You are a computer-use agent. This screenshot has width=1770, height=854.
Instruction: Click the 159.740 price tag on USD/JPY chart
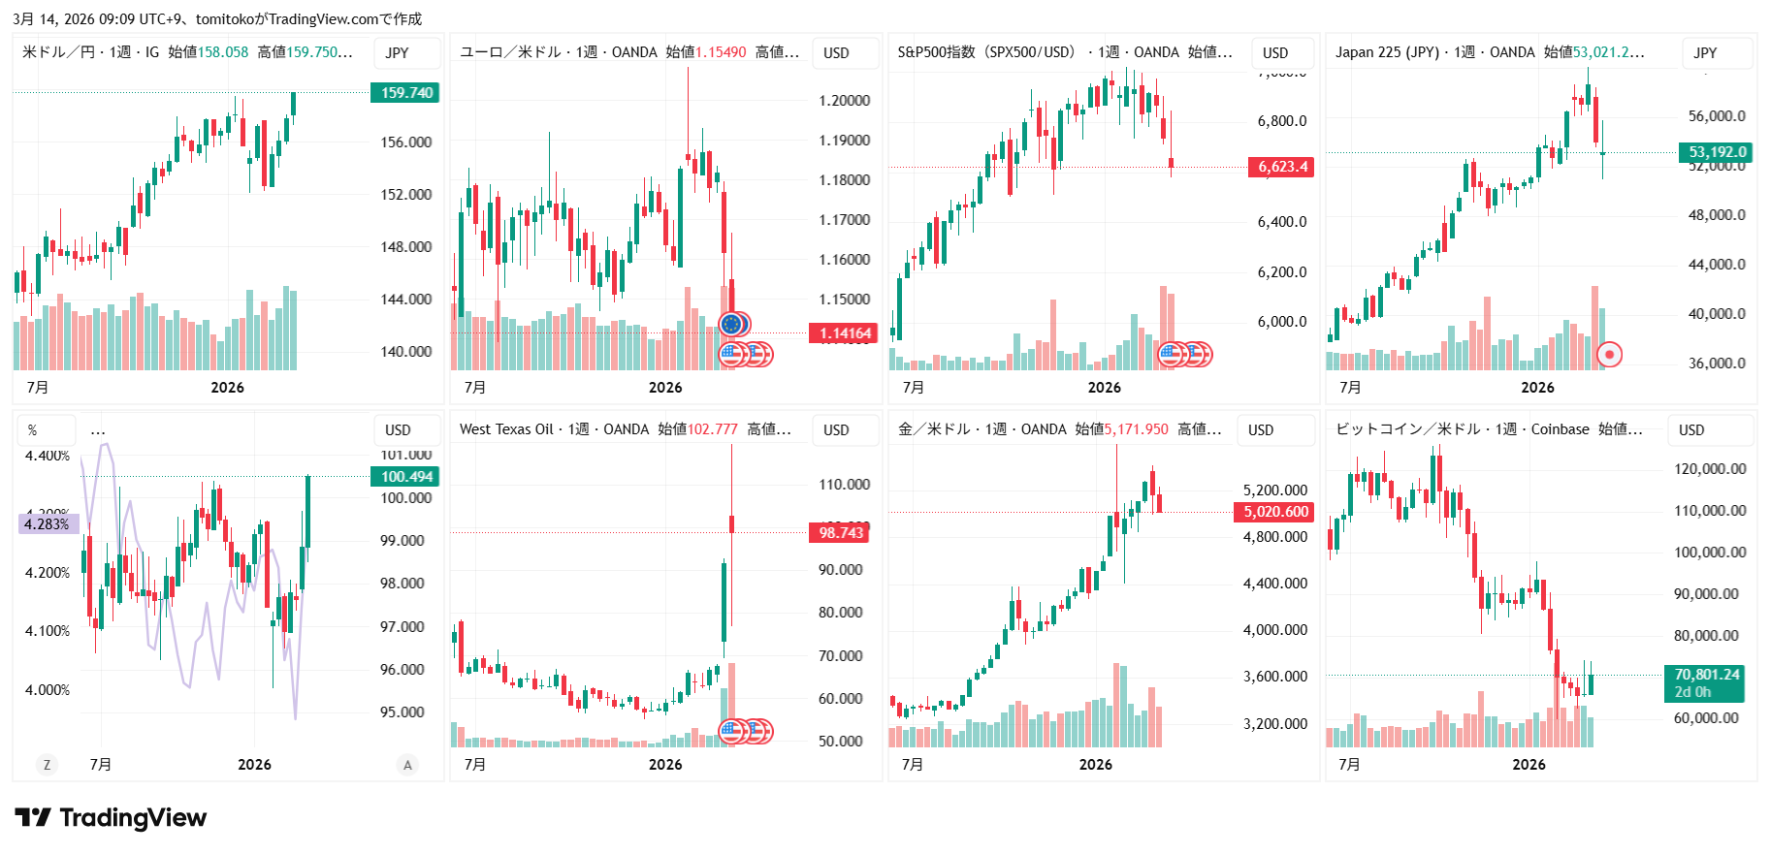[x=405, y=93]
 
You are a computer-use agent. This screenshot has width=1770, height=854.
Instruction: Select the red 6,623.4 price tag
[x=1282, y=167]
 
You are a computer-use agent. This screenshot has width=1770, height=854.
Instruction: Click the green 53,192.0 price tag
[x=1716, y=152]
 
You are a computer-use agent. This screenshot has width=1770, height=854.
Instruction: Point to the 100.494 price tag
[x=405, y=477]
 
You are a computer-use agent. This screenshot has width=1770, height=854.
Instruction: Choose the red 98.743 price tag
[x=840, y=533]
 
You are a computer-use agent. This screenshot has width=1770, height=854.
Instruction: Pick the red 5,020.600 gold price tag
[x=1275, y=512]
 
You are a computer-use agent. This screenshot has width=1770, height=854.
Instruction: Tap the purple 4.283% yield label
[x=48, y=524]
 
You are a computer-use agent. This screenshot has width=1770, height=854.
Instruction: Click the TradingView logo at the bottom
[x=111, y=818]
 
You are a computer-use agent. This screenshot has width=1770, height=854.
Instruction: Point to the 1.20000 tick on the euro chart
[x=844, y=101]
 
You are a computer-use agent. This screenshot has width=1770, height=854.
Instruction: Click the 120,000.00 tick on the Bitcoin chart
[x=1710, y=469]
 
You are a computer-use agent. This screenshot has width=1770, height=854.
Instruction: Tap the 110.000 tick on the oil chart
[x=844, y=485]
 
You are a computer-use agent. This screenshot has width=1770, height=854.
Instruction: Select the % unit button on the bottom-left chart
[x=33, y=430]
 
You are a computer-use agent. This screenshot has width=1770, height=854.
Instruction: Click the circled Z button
[x=47, y=765]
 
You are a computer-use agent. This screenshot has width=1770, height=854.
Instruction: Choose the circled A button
[x=407, y=765]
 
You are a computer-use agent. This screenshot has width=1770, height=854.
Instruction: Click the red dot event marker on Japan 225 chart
[x=1609, y=355]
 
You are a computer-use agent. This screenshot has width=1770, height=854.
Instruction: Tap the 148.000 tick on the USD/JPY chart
[x=405, y=247]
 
